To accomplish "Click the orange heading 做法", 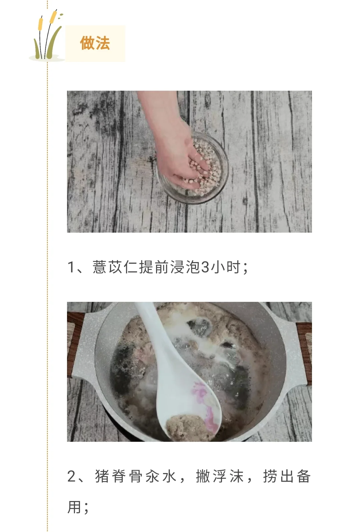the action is click(x=95, y=43).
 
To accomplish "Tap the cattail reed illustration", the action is click(x=47, y=35).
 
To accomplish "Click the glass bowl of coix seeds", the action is click(x=192, y=168).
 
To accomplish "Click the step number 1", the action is click(x=71, y=267).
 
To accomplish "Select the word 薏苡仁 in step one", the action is click(x=115, y=267).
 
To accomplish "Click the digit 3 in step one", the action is click(x=205, y=267).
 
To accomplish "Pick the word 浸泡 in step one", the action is click(x=185, y=267).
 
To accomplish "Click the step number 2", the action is click(x=72, y=476).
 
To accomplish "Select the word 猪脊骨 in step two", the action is click(x=118, y=476).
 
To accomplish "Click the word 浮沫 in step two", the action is click(x=228, y=476).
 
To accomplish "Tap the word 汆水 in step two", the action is click(x=161, y=476).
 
